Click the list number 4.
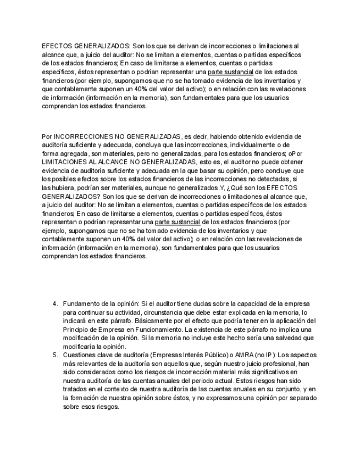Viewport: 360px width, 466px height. pyautogui.click(x=55, y=303)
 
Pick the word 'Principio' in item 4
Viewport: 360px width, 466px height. pyautogui.click(x=77, y=329)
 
